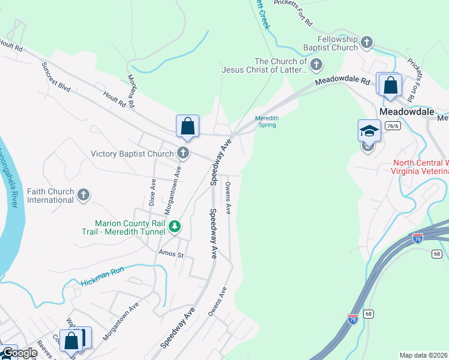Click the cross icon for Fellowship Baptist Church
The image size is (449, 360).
click(x=367, y=42)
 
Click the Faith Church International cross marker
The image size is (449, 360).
click(x=83, y=195)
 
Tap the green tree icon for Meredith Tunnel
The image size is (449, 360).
click(x=174, y=226)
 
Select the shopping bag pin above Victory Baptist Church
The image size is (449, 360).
click(x=187, y=126)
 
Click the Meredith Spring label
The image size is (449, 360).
click(x=266, y=122)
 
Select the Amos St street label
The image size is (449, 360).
click(x=170, y=254)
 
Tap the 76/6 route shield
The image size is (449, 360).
click(x=393, y=126)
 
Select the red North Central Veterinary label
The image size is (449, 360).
click(x=420, y=167)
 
